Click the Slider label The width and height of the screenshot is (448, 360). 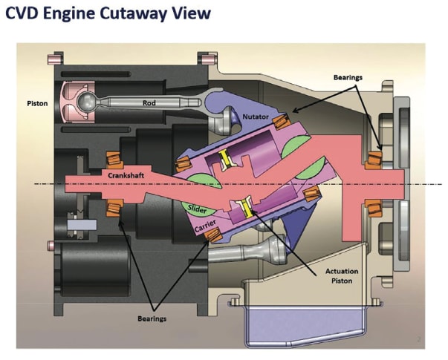198,210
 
